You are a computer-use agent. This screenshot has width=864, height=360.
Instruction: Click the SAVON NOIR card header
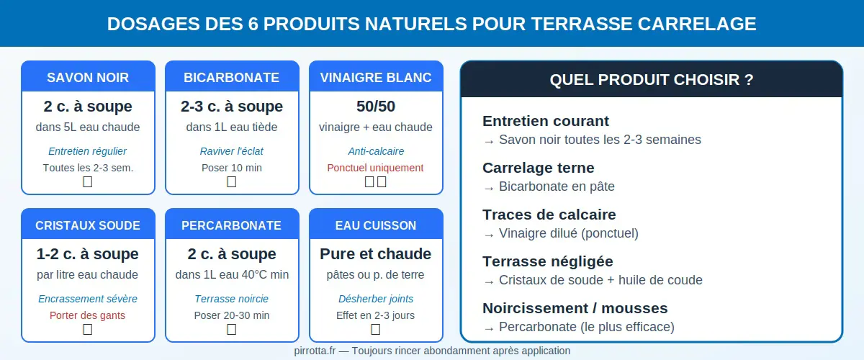tap(88, 78)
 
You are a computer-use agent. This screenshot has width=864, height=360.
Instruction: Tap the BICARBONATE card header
tap(232, 78)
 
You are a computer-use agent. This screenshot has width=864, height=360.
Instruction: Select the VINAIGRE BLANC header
tap(376, 78)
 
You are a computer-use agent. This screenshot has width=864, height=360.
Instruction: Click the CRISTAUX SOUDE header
tap(88, 225)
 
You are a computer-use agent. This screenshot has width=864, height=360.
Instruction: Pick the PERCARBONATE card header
tap(232, 225)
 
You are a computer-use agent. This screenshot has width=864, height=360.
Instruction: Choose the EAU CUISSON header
tap(376, 225)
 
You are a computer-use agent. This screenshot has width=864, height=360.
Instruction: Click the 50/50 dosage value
tap(376, 107)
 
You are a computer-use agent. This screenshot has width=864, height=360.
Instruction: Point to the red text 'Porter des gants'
tap(88, 315)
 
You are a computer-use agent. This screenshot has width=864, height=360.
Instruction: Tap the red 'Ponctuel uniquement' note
tap(376, 168)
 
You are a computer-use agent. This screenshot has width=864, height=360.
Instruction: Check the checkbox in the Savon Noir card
tap(88, 182)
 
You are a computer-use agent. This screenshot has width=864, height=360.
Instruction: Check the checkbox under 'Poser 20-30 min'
tap(232, 330)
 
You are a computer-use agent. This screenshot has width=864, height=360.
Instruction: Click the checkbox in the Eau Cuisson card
tap(376, 330)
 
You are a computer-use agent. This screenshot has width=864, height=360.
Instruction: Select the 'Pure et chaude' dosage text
tap(376, 254)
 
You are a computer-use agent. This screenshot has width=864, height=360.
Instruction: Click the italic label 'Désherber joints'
tap(376, 299)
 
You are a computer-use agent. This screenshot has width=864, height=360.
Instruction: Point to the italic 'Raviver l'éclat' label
tap(232, 151)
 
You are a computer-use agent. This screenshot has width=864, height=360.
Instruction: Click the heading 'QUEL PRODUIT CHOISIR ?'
tap(652, 80)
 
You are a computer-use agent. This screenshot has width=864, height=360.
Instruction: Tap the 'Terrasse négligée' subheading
tap(547, 261)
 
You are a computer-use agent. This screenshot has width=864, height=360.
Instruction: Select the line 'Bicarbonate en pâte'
tap(557, 186)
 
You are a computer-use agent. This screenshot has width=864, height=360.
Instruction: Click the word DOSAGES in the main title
tap(152, 24)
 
